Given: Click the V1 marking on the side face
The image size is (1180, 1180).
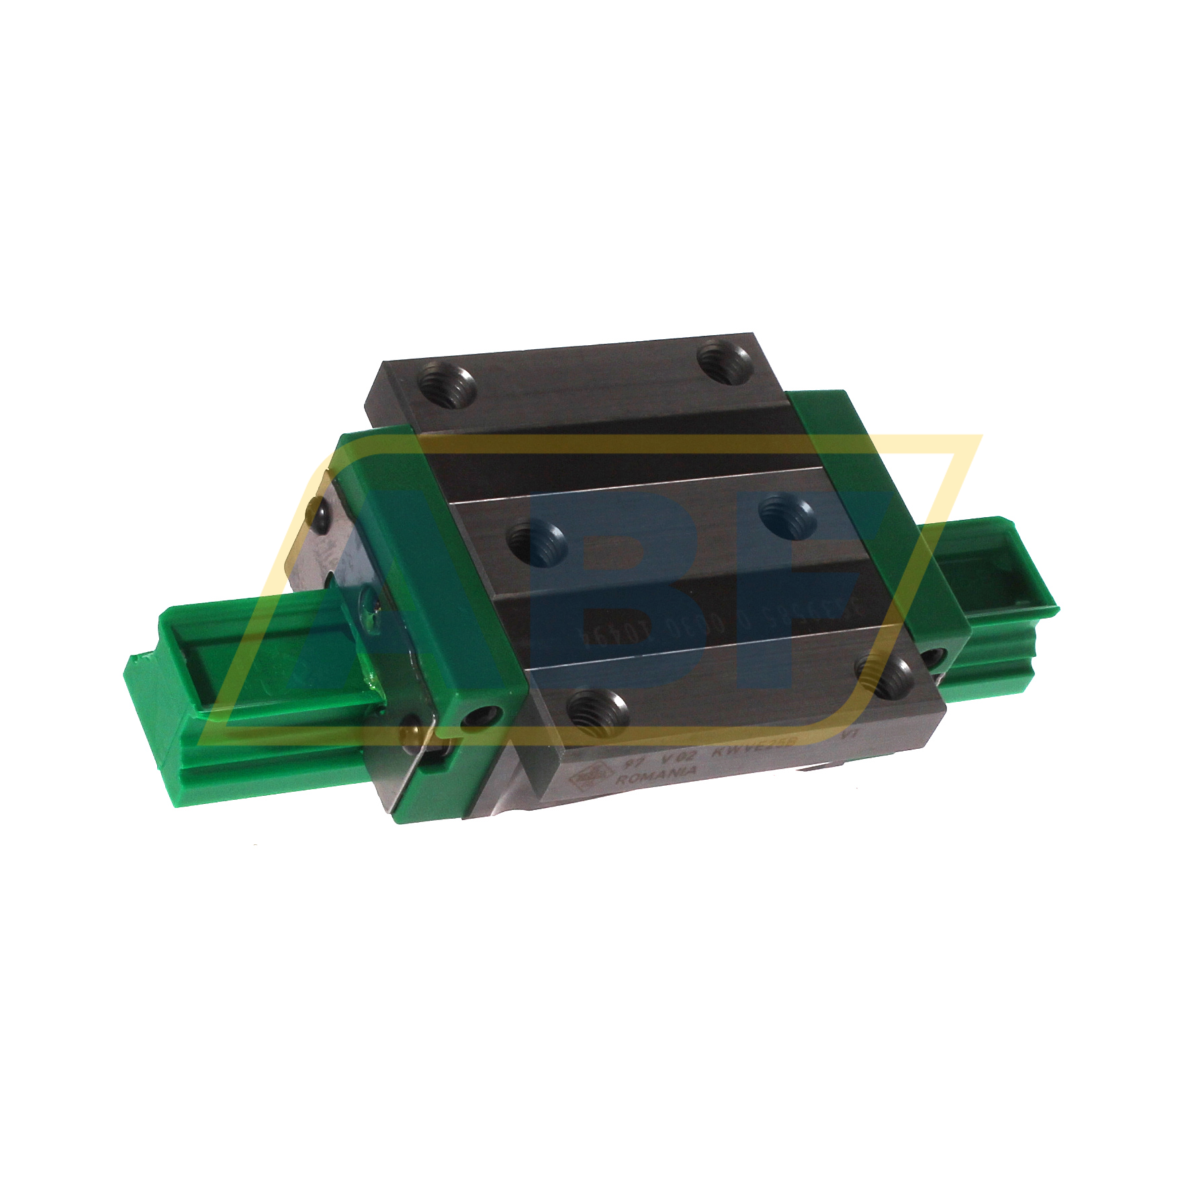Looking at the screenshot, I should [x=849, y=734].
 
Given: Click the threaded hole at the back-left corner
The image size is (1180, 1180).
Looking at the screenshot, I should [x=446, y=388].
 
